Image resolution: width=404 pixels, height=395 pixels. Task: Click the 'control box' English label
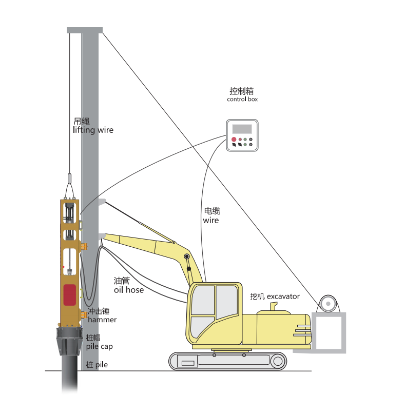242,99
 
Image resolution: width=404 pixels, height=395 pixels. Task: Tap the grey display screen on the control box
242,129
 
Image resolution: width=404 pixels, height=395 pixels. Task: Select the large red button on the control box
234,140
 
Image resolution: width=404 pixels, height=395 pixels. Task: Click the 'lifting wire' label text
93,130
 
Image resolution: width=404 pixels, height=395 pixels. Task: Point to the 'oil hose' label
129,290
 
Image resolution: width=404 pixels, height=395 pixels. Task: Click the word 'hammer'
102,320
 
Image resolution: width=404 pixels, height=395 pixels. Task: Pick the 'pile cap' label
100,347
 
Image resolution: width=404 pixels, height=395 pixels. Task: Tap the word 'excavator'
283,297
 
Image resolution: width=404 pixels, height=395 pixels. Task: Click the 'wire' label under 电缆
211,221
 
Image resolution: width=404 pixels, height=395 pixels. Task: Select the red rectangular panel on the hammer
70,295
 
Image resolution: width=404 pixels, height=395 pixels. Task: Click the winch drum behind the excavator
328,304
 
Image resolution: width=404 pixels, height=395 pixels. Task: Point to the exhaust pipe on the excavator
274,306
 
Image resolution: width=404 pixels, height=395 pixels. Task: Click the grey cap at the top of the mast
85,30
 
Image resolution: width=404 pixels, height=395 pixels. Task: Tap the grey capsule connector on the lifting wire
69,179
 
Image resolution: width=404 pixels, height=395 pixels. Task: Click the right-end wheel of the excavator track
278,361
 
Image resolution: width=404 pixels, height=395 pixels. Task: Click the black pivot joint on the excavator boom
187,256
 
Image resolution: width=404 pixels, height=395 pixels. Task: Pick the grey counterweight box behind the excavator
329,332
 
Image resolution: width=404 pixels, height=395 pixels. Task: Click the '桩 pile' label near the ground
97,365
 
